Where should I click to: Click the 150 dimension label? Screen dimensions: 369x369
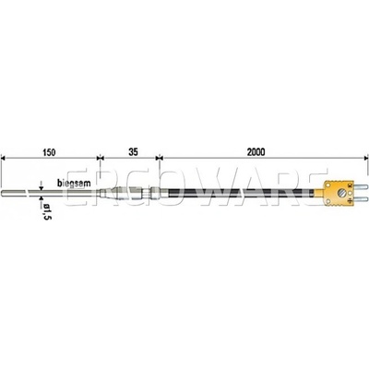pyautogui.click(x=49, y=152)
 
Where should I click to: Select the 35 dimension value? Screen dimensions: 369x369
pyautogui.click(x=134, y=152)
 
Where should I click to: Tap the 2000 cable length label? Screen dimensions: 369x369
pyautogui.click(x=256, y=152)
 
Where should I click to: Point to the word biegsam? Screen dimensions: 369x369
pyautogui.click(x=74, y=184)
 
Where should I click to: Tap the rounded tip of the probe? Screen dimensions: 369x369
pyautogui.click(x=3, y=193)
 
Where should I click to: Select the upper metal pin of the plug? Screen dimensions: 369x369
pyautogui.click(x=360, y=186)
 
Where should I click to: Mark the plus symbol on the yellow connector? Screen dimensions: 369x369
pyautogui.click(x=350, y=201)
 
